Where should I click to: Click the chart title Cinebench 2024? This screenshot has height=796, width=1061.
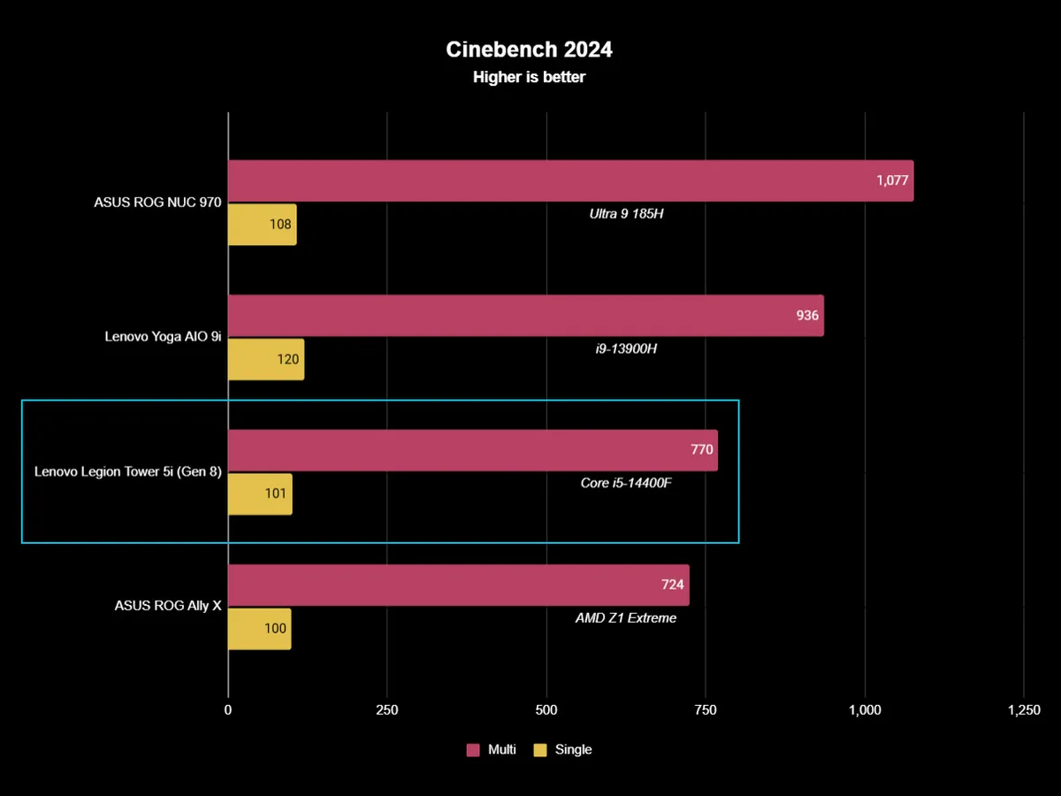pyautogui.click(x=530, y=50)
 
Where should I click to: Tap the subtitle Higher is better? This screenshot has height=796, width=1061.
pyautogui.click(x=530, y=77)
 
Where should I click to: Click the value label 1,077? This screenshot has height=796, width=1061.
pyautogui.click(x=893, y=180)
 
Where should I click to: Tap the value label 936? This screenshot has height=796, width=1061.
pyautogui.click(x=807, y=316)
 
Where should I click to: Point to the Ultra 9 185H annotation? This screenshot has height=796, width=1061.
pyautogui.click(x=626, y=213)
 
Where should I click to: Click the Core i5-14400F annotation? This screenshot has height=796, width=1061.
pyautogui.click(x=626, y=483)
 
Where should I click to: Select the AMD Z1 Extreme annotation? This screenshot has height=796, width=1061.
pyautogui.click(x=626, y=618)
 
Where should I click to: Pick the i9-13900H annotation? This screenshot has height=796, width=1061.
pyautogui.click(x=626, y=348)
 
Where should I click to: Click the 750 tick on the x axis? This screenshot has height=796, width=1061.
pyautogui.click(x=706, y=710)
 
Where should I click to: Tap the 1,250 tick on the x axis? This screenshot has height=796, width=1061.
pyautogui.click(x=1023, y=710)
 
